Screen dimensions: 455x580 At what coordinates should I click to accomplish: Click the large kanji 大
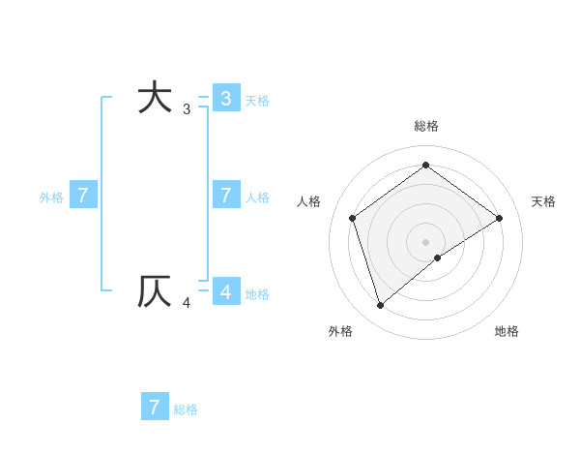pyautogui.click(x=155, y=98)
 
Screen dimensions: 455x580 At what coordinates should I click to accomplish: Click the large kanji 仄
pyautogui.click(x=155, y=291)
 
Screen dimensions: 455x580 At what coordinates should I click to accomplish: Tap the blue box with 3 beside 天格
pyautogui.click(x=226, y=98)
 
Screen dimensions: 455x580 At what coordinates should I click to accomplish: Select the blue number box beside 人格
pyautogui.click(x=226, y=196)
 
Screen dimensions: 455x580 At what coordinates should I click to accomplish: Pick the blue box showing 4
pyautogui.click(x=226, y=291)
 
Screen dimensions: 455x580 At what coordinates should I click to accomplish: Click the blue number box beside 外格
pyautogui.click(x=83, y=196)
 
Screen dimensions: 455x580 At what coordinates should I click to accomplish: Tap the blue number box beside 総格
pyautogui.click(x=155, y=407)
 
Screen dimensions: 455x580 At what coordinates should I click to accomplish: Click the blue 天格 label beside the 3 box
pyautogui.click(x=257, y=100)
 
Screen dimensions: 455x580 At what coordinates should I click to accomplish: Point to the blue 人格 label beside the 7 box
pyautogui.click(x=257, y=197)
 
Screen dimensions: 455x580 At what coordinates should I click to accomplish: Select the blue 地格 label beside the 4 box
pyautogui.click(x=257, y=294)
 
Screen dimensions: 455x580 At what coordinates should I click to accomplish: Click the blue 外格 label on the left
pyautogui.click(x=51, y=197)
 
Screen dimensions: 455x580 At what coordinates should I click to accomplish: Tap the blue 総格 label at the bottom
pyautogui.click(x=186, y=409)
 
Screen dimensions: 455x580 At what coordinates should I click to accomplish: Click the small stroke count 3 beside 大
pyautogui.click(x=187, y=109)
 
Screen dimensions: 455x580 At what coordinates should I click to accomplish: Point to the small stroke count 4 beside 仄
pyautogui.click(x=187, y=303)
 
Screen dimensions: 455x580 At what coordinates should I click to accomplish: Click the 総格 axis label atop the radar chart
pyautogui.click(x=426, y=126)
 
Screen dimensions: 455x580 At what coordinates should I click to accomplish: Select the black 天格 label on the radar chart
pyautogui.click(x=543, y=201)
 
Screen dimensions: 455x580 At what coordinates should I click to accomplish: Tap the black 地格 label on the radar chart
pyautogui.click(x=507, y=331)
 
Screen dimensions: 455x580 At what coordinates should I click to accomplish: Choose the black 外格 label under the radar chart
pyautogui.click(x=340, y=331)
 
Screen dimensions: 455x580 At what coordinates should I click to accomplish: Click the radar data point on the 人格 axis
pyautogui.click(x=353, y=218)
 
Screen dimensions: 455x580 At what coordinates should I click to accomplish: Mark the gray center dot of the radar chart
pyautogui.click(x=425, y=241)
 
